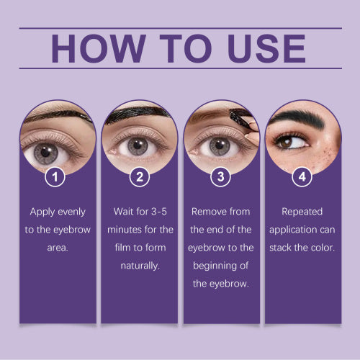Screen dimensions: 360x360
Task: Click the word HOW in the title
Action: (99, 48)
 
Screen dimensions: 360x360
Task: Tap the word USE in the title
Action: (266, 48)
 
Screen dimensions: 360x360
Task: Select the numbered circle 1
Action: (55, 177)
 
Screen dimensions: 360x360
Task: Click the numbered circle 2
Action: (140, 177)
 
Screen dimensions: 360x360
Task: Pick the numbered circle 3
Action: (220, 177)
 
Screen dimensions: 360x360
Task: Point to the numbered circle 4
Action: (302, 177)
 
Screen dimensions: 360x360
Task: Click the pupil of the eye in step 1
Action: (45, 152)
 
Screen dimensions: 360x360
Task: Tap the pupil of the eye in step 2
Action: (138, 145)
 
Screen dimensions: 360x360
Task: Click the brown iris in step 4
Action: (287, 143)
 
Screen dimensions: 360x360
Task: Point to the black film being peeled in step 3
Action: (240, 119)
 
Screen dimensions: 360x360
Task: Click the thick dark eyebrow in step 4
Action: (300, 120)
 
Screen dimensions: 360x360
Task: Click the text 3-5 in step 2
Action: (158, 212)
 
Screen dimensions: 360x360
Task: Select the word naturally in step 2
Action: (140, 266)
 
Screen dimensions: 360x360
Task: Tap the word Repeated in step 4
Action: (302, 212)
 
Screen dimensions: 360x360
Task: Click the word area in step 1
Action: (58, 248)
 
